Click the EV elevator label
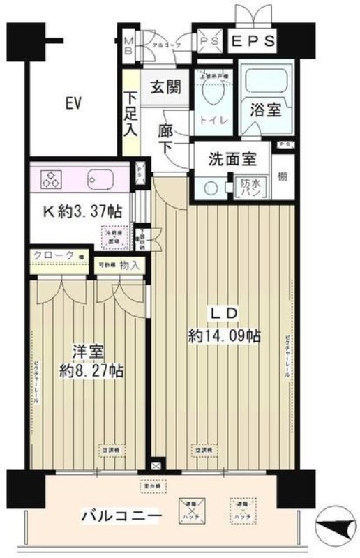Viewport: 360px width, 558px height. pyautogui.click(x=75, y=104)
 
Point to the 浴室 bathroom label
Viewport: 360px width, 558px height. pyautogui.click(x=266, y=110)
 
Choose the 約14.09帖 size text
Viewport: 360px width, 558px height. pyautogui.click(x=225, y=336)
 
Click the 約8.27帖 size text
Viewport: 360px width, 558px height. pyautogui.click(x=91, y=370)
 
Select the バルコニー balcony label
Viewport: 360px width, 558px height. pyautogui.click(x=122, y=517)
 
